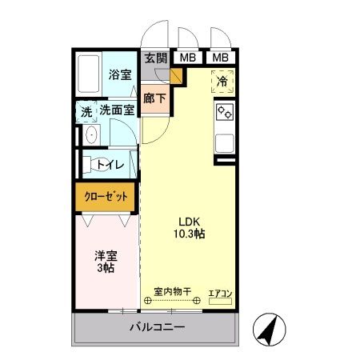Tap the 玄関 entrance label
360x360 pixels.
point(156,57)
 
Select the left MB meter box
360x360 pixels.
point(186,57)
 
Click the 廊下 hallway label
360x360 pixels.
point(154,98)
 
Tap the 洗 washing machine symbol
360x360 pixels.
point(86,111)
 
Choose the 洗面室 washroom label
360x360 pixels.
point(117,111)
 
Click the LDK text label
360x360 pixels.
point(189,222)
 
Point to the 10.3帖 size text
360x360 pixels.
point(189,235)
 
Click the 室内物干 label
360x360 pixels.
point(173,292)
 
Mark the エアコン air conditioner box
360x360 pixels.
point(220,294)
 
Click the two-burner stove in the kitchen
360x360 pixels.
point(223,113)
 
